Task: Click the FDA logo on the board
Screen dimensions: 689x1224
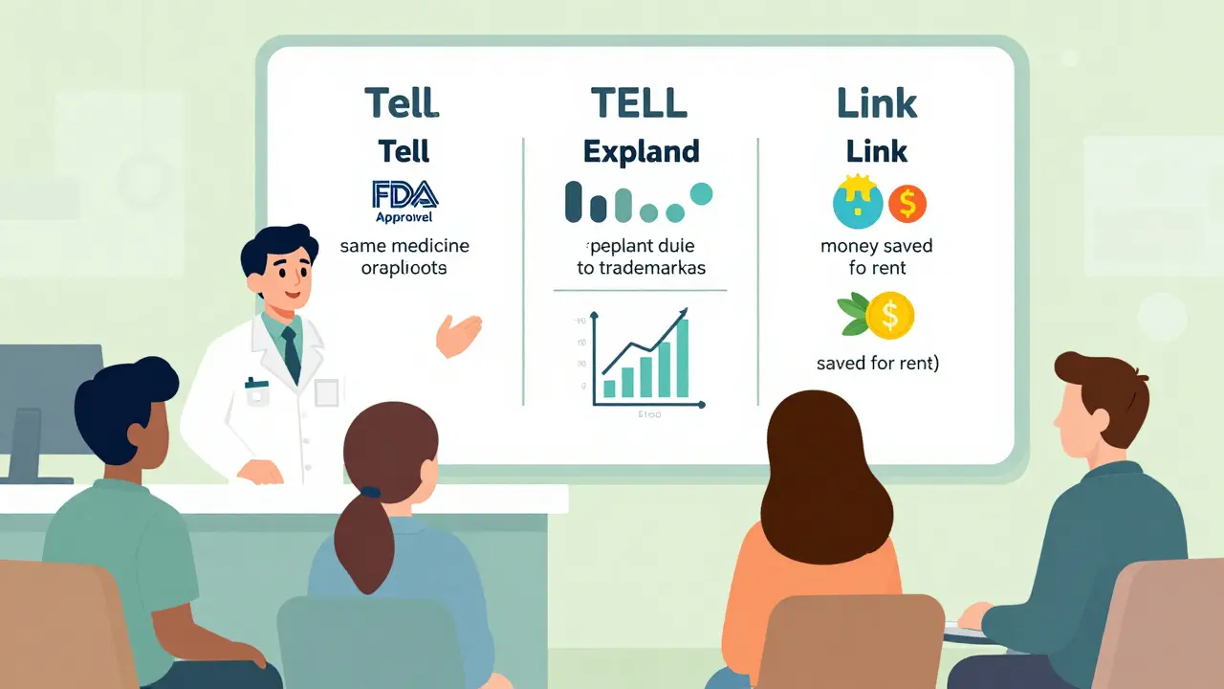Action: [x=404, y=194]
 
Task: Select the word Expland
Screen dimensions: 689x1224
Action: [x=641, y=151]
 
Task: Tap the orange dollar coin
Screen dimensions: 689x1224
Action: [x=907, y=204]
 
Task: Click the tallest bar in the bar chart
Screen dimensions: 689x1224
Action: [x=681, y=357]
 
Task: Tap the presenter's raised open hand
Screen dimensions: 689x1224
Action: [x=460, y=334]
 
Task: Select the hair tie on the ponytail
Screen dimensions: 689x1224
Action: [x=370, y=492]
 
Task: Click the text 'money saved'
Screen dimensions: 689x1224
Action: [x=876, y=246]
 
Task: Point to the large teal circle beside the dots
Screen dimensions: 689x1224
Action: [x=701, y=193]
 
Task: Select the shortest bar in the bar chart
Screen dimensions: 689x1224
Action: [x=606, y=389]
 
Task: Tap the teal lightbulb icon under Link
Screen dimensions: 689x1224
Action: [x=853, y=202]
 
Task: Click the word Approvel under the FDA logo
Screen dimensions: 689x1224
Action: [x=404, y=216]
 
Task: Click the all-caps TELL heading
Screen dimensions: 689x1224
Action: [x=639, y=102]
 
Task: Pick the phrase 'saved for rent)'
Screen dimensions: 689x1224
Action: [x=877, y=364]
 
